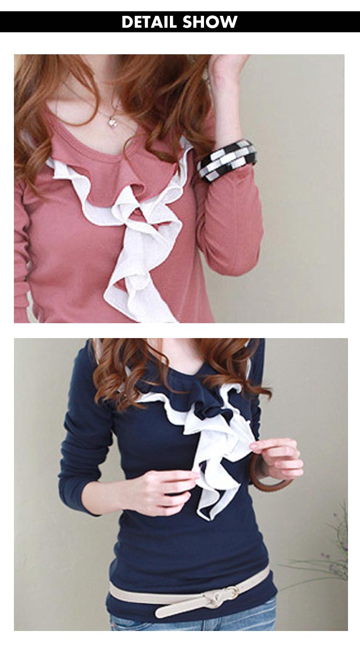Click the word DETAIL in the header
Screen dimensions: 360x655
[x=149, y=22]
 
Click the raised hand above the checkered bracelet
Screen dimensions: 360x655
[x=228, y=67]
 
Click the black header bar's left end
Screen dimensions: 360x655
[x=1, y=22]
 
